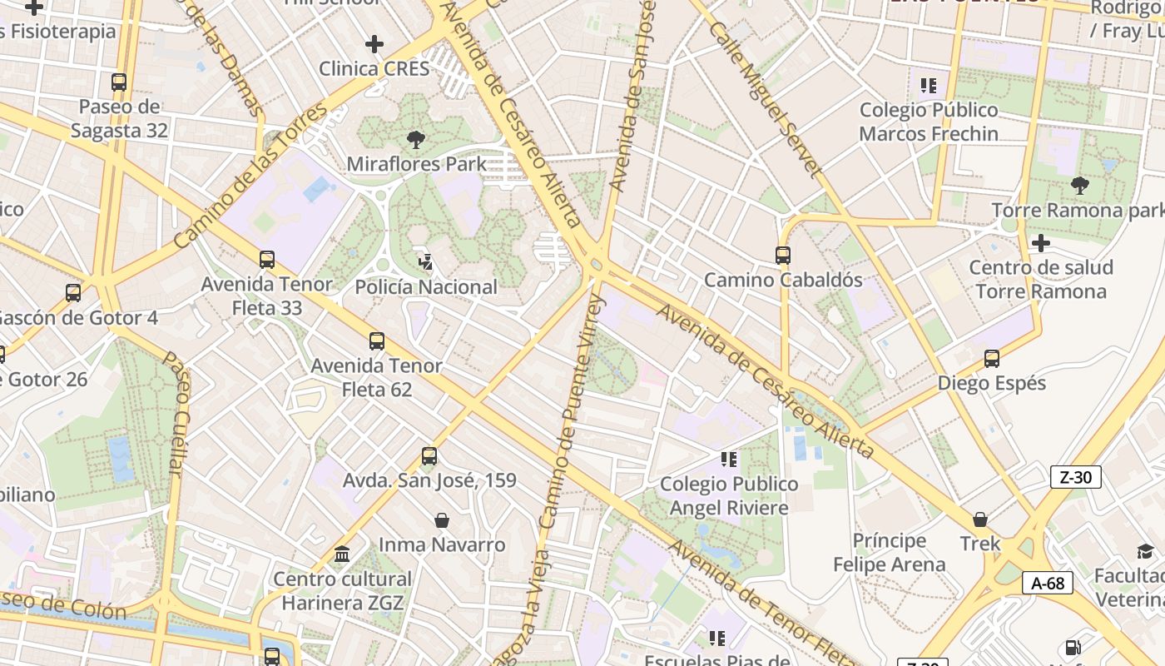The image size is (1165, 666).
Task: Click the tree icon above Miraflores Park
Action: [415, 139]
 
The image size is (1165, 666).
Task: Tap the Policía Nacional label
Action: [426, 287]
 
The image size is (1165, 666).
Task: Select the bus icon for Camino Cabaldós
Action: [782, 256]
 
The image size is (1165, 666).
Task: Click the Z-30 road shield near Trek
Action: [1076, 477]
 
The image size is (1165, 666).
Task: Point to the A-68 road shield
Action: [1048, 583]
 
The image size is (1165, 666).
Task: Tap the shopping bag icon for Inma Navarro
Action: [442, 520]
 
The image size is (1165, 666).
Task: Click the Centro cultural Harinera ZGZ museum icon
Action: [342, 554]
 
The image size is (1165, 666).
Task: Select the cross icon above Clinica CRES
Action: [374, 43]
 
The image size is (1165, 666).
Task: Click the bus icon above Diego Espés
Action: [991, 359]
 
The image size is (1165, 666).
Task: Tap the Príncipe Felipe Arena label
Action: [890, 553]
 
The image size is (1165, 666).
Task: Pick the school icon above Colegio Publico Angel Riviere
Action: [729, 460]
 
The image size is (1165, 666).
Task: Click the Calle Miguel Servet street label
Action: [766, 98]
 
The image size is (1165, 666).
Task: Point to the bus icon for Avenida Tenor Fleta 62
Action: [377, 340]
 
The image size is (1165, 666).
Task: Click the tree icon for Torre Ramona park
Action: [1079, 185]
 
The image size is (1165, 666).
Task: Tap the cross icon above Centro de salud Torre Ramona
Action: [1040, 243]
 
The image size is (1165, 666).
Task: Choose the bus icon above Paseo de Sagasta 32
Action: [119, 82]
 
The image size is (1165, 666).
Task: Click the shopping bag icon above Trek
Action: [980, 519]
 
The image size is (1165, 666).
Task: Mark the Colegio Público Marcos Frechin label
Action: [929, 122]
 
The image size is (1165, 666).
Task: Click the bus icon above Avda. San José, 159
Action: [429, 455]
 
